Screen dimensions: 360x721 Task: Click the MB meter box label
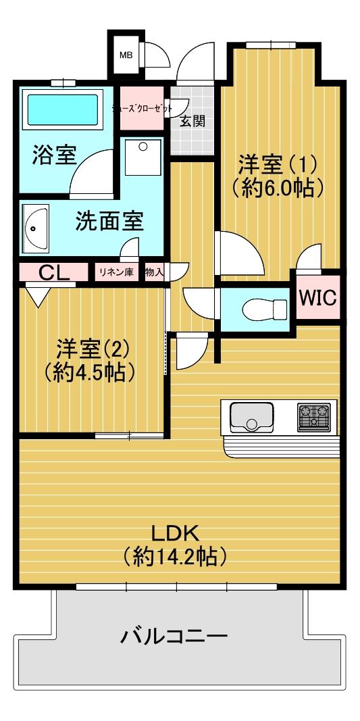pos(126,55)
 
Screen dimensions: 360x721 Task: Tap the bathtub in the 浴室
pos(63,110)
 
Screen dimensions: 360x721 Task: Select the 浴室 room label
pos(54,155)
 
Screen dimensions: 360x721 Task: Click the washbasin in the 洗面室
pos(35,228)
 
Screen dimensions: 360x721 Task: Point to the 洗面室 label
pos(110,221)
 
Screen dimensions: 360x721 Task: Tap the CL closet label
pos(54,273)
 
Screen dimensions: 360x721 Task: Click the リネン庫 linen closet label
pos(116,272)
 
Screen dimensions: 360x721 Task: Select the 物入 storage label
pos(154,272)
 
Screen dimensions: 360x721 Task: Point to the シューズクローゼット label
pos(143,109)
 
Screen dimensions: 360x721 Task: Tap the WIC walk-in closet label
pos(319,297)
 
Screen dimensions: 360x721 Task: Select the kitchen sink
pos(251,417)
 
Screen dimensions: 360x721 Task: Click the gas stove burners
pos(314,417)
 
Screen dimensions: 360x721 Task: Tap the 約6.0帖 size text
pos(276,187)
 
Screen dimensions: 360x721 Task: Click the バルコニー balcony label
pos(174,636)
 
